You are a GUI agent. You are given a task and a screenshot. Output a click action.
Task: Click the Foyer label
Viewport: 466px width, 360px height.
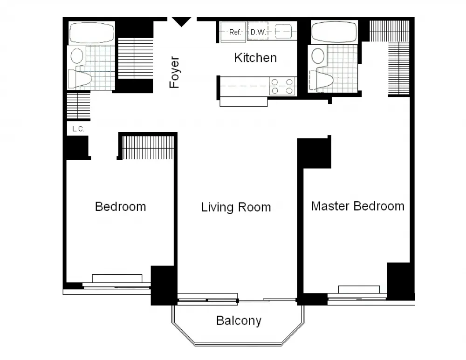point(174,72)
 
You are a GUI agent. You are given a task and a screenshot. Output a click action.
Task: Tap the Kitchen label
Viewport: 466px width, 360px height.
point(255,58)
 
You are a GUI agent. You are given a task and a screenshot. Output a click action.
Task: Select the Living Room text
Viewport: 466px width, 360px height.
point(236,207)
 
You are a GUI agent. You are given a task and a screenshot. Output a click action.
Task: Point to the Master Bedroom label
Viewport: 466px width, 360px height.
point(357,206)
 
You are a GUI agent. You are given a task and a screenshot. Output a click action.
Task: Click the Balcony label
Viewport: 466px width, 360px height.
point(239,320)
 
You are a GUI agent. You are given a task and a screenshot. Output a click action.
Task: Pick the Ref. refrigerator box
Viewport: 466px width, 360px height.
point(233,32)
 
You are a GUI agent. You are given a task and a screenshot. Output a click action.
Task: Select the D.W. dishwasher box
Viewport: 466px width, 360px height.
point(258,32)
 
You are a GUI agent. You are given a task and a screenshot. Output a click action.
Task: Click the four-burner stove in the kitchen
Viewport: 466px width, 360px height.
point(282,86)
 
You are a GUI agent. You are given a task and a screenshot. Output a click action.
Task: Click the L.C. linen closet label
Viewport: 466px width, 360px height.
point(78,129)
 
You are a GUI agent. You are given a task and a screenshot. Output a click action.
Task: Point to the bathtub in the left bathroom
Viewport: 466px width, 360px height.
point(91,33)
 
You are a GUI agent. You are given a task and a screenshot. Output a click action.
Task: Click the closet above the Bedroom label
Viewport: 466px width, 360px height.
point(148,147)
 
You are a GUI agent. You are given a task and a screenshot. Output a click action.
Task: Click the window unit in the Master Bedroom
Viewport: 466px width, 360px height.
point(356,290)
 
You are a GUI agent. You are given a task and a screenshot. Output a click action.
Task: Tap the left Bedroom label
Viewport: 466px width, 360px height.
point(120,206)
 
